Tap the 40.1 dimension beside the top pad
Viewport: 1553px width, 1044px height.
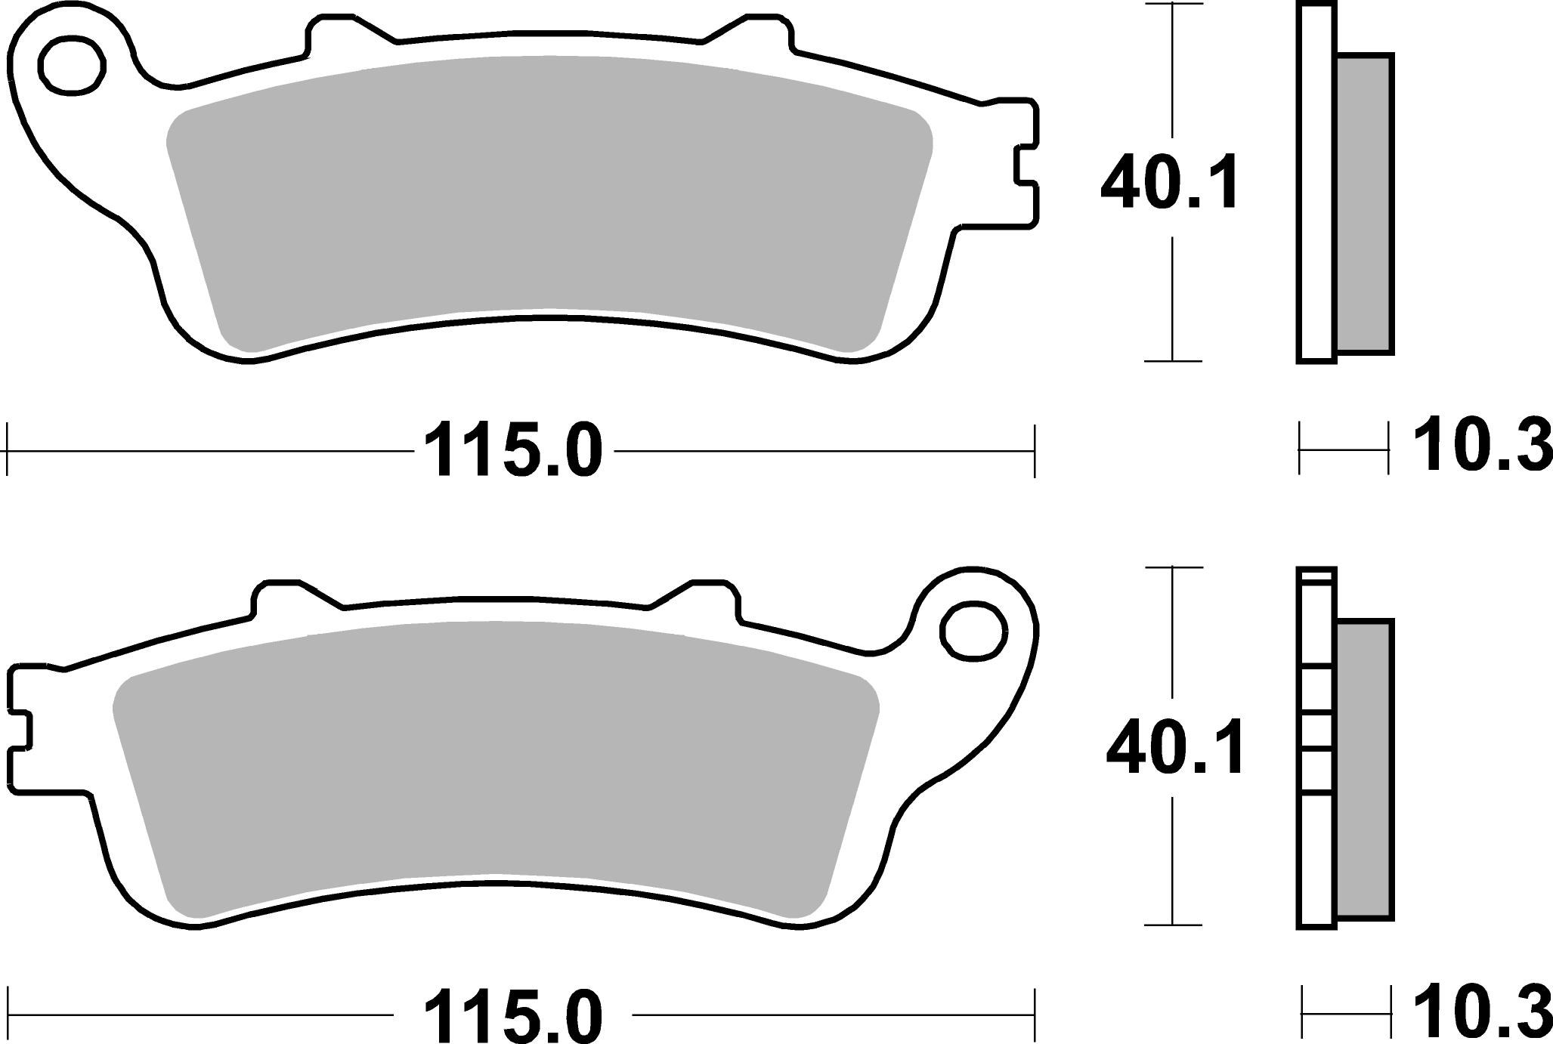tap(1170, 184)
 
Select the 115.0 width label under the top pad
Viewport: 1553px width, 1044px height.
tap(514, 452)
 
